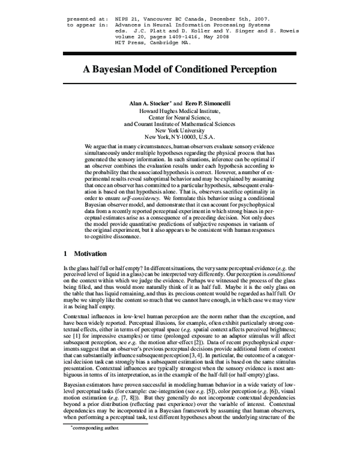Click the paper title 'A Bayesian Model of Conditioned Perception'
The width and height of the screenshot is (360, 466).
point(179,69)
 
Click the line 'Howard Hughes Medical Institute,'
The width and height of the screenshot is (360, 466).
point(179,112)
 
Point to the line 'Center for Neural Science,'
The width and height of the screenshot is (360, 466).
point(179,120)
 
